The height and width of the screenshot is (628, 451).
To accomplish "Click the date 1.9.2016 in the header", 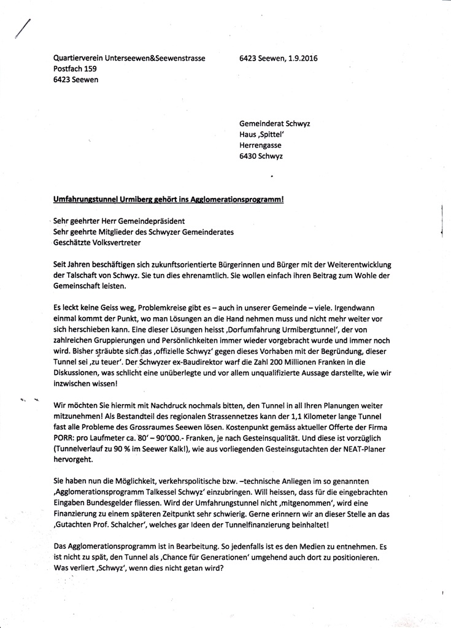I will click(x=301, y=59).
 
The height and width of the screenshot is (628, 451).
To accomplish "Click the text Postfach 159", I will click(x=75, y=69).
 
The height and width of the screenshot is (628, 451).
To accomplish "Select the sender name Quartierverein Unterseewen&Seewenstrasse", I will click(x=129, y=59).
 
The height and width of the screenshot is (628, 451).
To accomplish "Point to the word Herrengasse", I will click(x=260, y=145).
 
